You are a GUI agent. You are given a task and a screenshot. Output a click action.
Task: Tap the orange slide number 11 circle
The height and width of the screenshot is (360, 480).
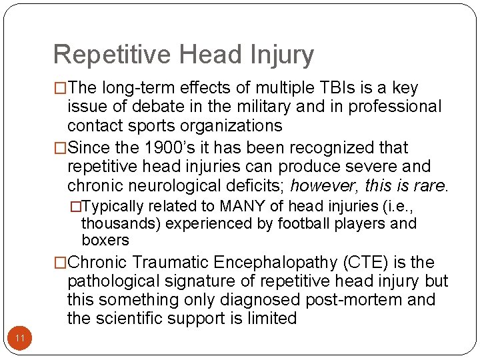[20, 339]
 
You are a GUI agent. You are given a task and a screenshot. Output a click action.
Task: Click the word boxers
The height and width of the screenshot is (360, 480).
[105, 239]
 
